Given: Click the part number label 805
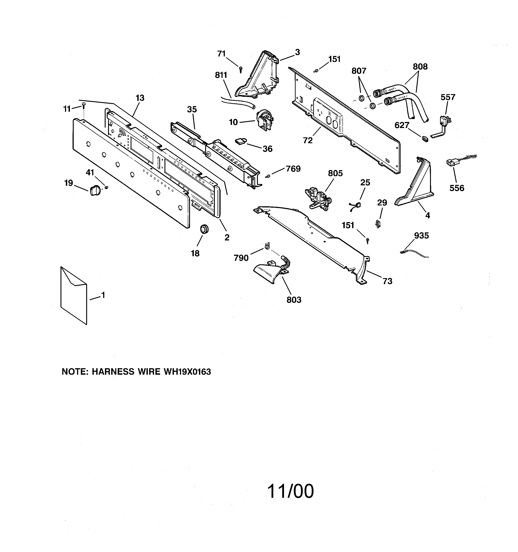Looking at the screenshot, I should pyautogui.click(x=335, y=173).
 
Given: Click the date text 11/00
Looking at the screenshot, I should pyautogui.click(x=290, y=491).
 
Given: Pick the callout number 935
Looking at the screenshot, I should pyautogui.click(x=421, y=236).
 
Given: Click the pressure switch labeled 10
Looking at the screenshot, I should pyautogui.click(x=264, y=119).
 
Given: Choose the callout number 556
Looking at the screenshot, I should pyautogui.click(x=457, y=188).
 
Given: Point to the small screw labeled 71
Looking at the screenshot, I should pyautogui.click(x=241, y=69).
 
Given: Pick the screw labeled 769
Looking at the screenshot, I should pyautogui.click(x=267, y=176).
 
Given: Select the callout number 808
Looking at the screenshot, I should pyautogui.click(x=420, y=67).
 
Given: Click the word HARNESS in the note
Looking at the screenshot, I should pyautogui.click(x=113, y=372).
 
